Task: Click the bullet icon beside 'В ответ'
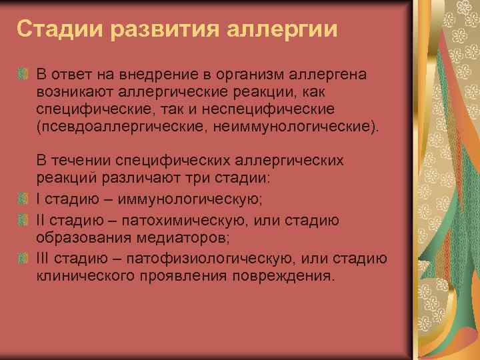point(23,72)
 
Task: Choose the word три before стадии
point(220,178)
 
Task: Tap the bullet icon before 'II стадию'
point(23,220)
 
